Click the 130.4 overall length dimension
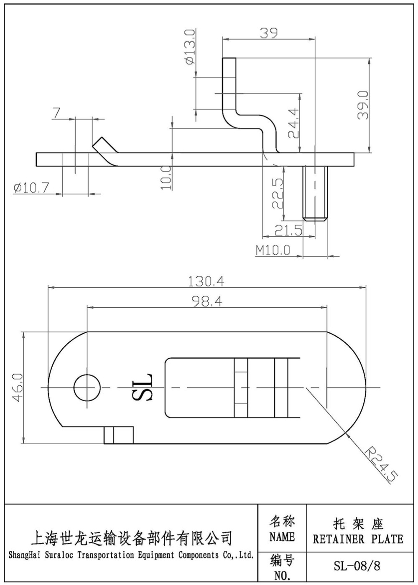coord(206,281)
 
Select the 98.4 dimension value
coord(207,301)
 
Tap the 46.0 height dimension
coord(17,388)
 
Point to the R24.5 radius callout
coord(380,464)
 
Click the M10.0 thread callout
coord(273,250)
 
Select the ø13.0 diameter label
coord(189,47)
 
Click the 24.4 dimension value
coord(293,123)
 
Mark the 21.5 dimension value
coord(288,230)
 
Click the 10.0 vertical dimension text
coord(166,177)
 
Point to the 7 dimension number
coord(57,113)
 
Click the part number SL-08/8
coord(357,566)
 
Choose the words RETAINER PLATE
coord(358,539)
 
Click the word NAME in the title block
coord(282,537)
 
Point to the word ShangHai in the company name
coord(25,555)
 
